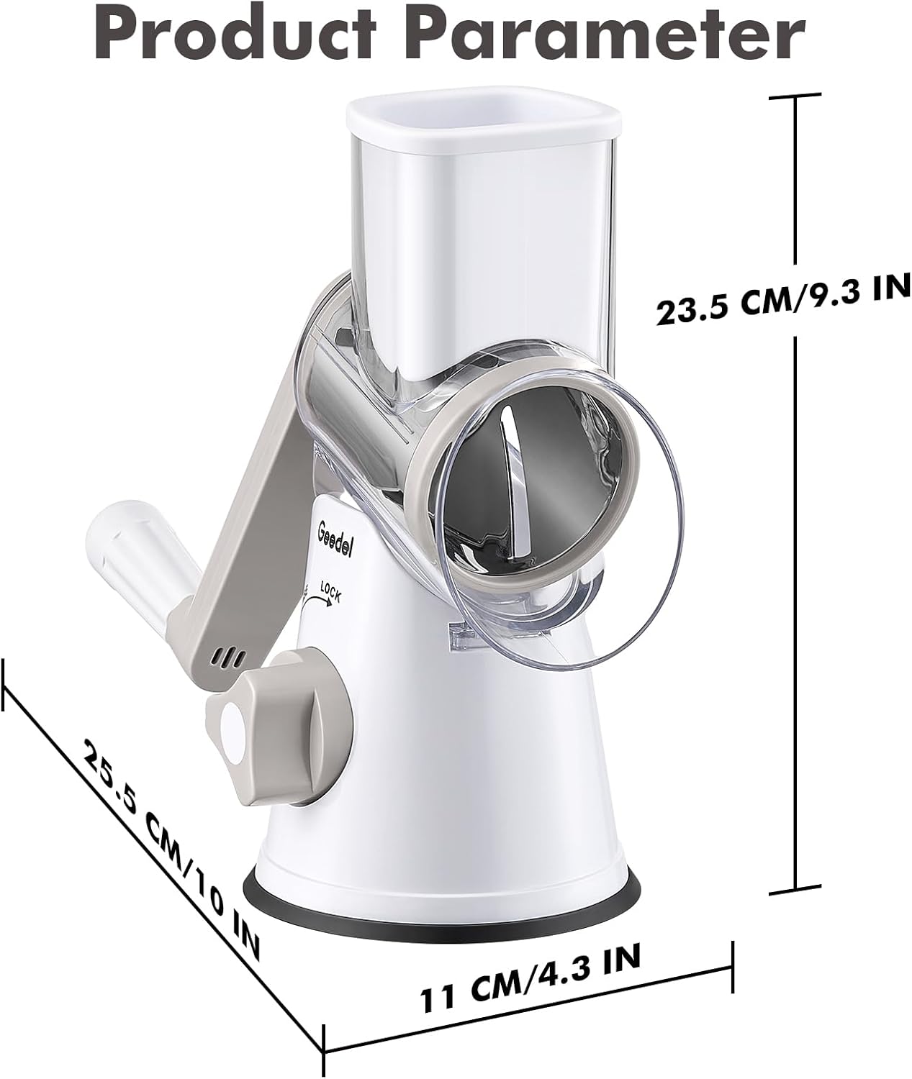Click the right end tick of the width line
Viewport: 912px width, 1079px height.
[x=733, y=960]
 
